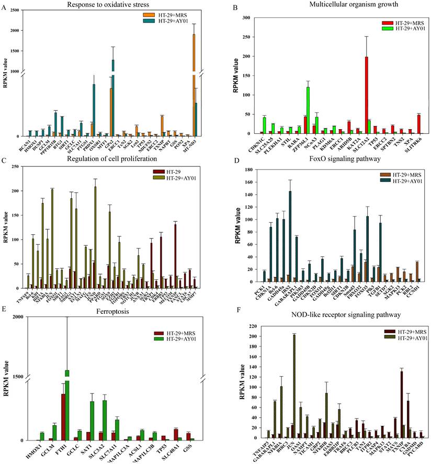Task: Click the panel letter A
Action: tap(5, 7)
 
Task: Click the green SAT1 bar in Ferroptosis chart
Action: tap(92, 421)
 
